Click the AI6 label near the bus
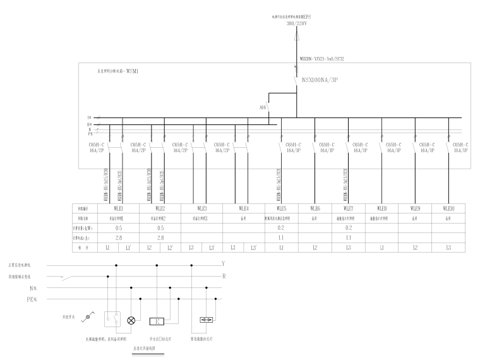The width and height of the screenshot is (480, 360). [x=262, y=107]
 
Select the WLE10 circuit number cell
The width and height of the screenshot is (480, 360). [x=448, y=208]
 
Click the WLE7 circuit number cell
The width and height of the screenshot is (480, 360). [x=347, y=208]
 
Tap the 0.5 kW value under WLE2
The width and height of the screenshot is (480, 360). [x=160, y=227]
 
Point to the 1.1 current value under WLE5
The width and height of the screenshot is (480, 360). [x=280, y=237]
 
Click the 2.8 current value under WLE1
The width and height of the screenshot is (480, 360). [x=118, y=237]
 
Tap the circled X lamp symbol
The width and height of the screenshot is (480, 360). [x=131, y=320]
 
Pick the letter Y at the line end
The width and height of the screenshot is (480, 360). [x=223, y=264]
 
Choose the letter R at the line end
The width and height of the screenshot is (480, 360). [x=223, y=276]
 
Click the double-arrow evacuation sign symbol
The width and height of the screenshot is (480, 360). [x=207, y=320]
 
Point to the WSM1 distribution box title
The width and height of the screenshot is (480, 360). [x=117, y=72]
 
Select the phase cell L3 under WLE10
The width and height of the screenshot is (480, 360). [x=448, y=248]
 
